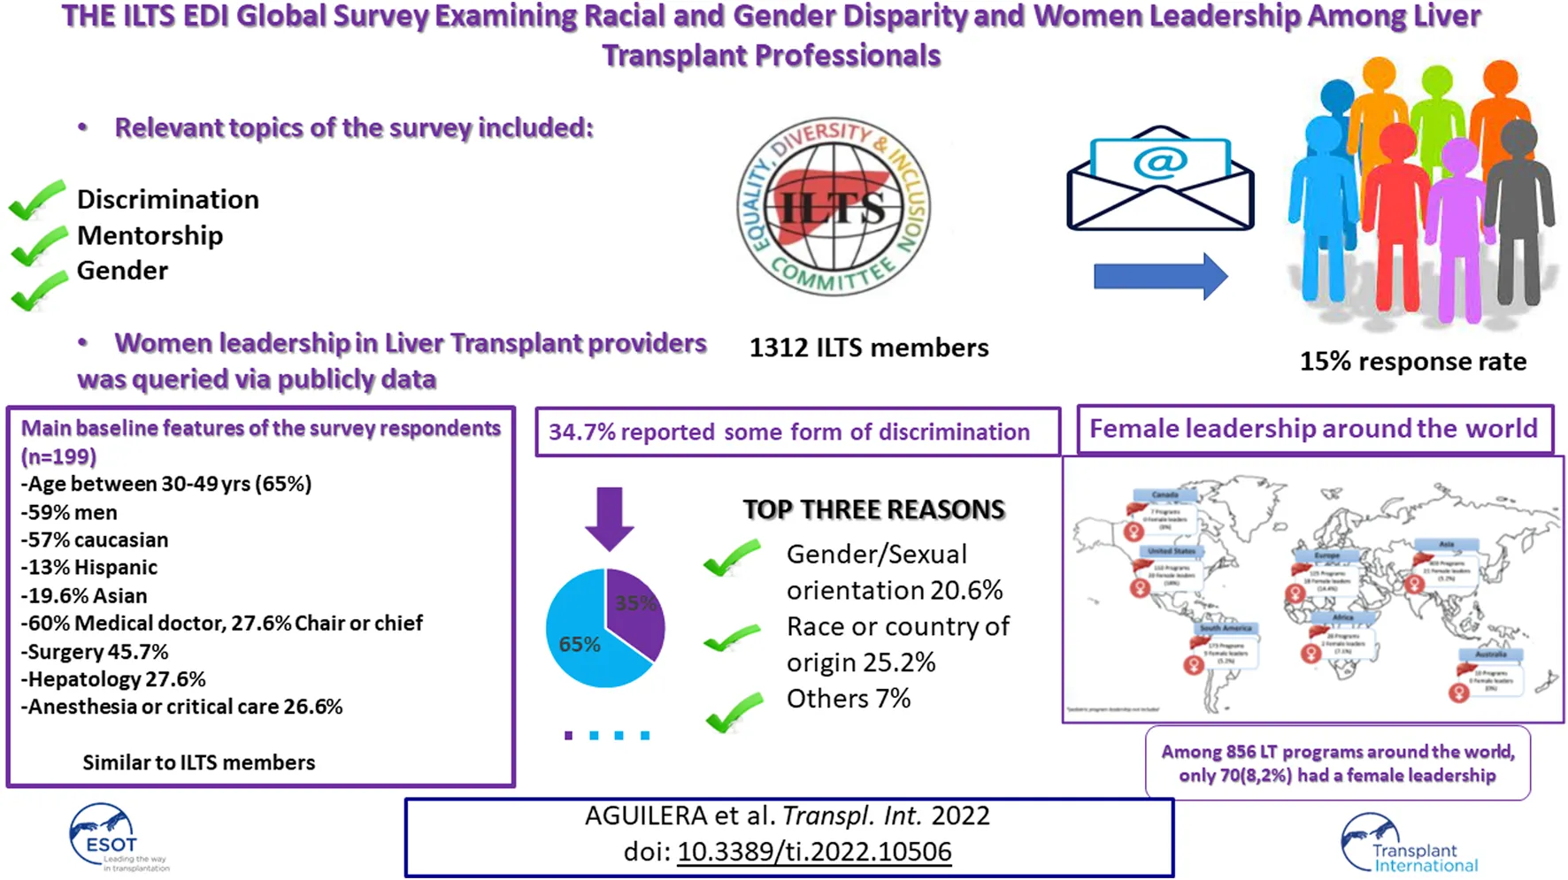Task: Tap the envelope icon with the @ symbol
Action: (1160, 180)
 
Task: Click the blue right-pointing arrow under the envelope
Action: (1160, 276)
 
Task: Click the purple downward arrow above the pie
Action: (609, 517)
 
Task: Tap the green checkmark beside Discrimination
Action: (37, 199)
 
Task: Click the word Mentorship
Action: (150, 235)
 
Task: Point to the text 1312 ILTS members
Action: (868, 348)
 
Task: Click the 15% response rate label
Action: (1412, 361)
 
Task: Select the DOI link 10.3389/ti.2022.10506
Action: (814, 852)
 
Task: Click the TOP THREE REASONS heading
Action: (873, 509)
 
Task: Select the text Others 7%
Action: (848, 699)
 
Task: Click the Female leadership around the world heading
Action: (1313, 429)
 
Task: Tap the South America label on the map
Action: (1226, 628)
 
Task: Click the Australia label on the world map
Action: (1491, 654)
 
